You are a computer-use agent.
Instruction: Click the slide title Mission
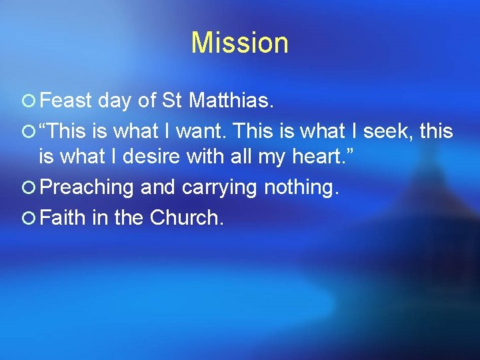pos(239,43)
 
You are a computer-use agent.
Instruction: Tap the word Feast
pos(65,101)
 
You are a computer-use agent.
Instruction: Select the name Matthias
pos(230,101)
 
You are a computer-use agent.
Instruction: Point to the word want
pos(212,131)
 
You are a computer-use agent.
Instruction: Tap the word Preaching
pos(87,188)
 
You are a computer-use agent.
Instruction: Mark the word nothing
pos(301,188)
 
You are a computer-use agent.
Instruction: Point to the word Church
pos(186,217)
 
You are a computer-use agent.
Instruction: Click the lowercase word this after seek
pos(436,131)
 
